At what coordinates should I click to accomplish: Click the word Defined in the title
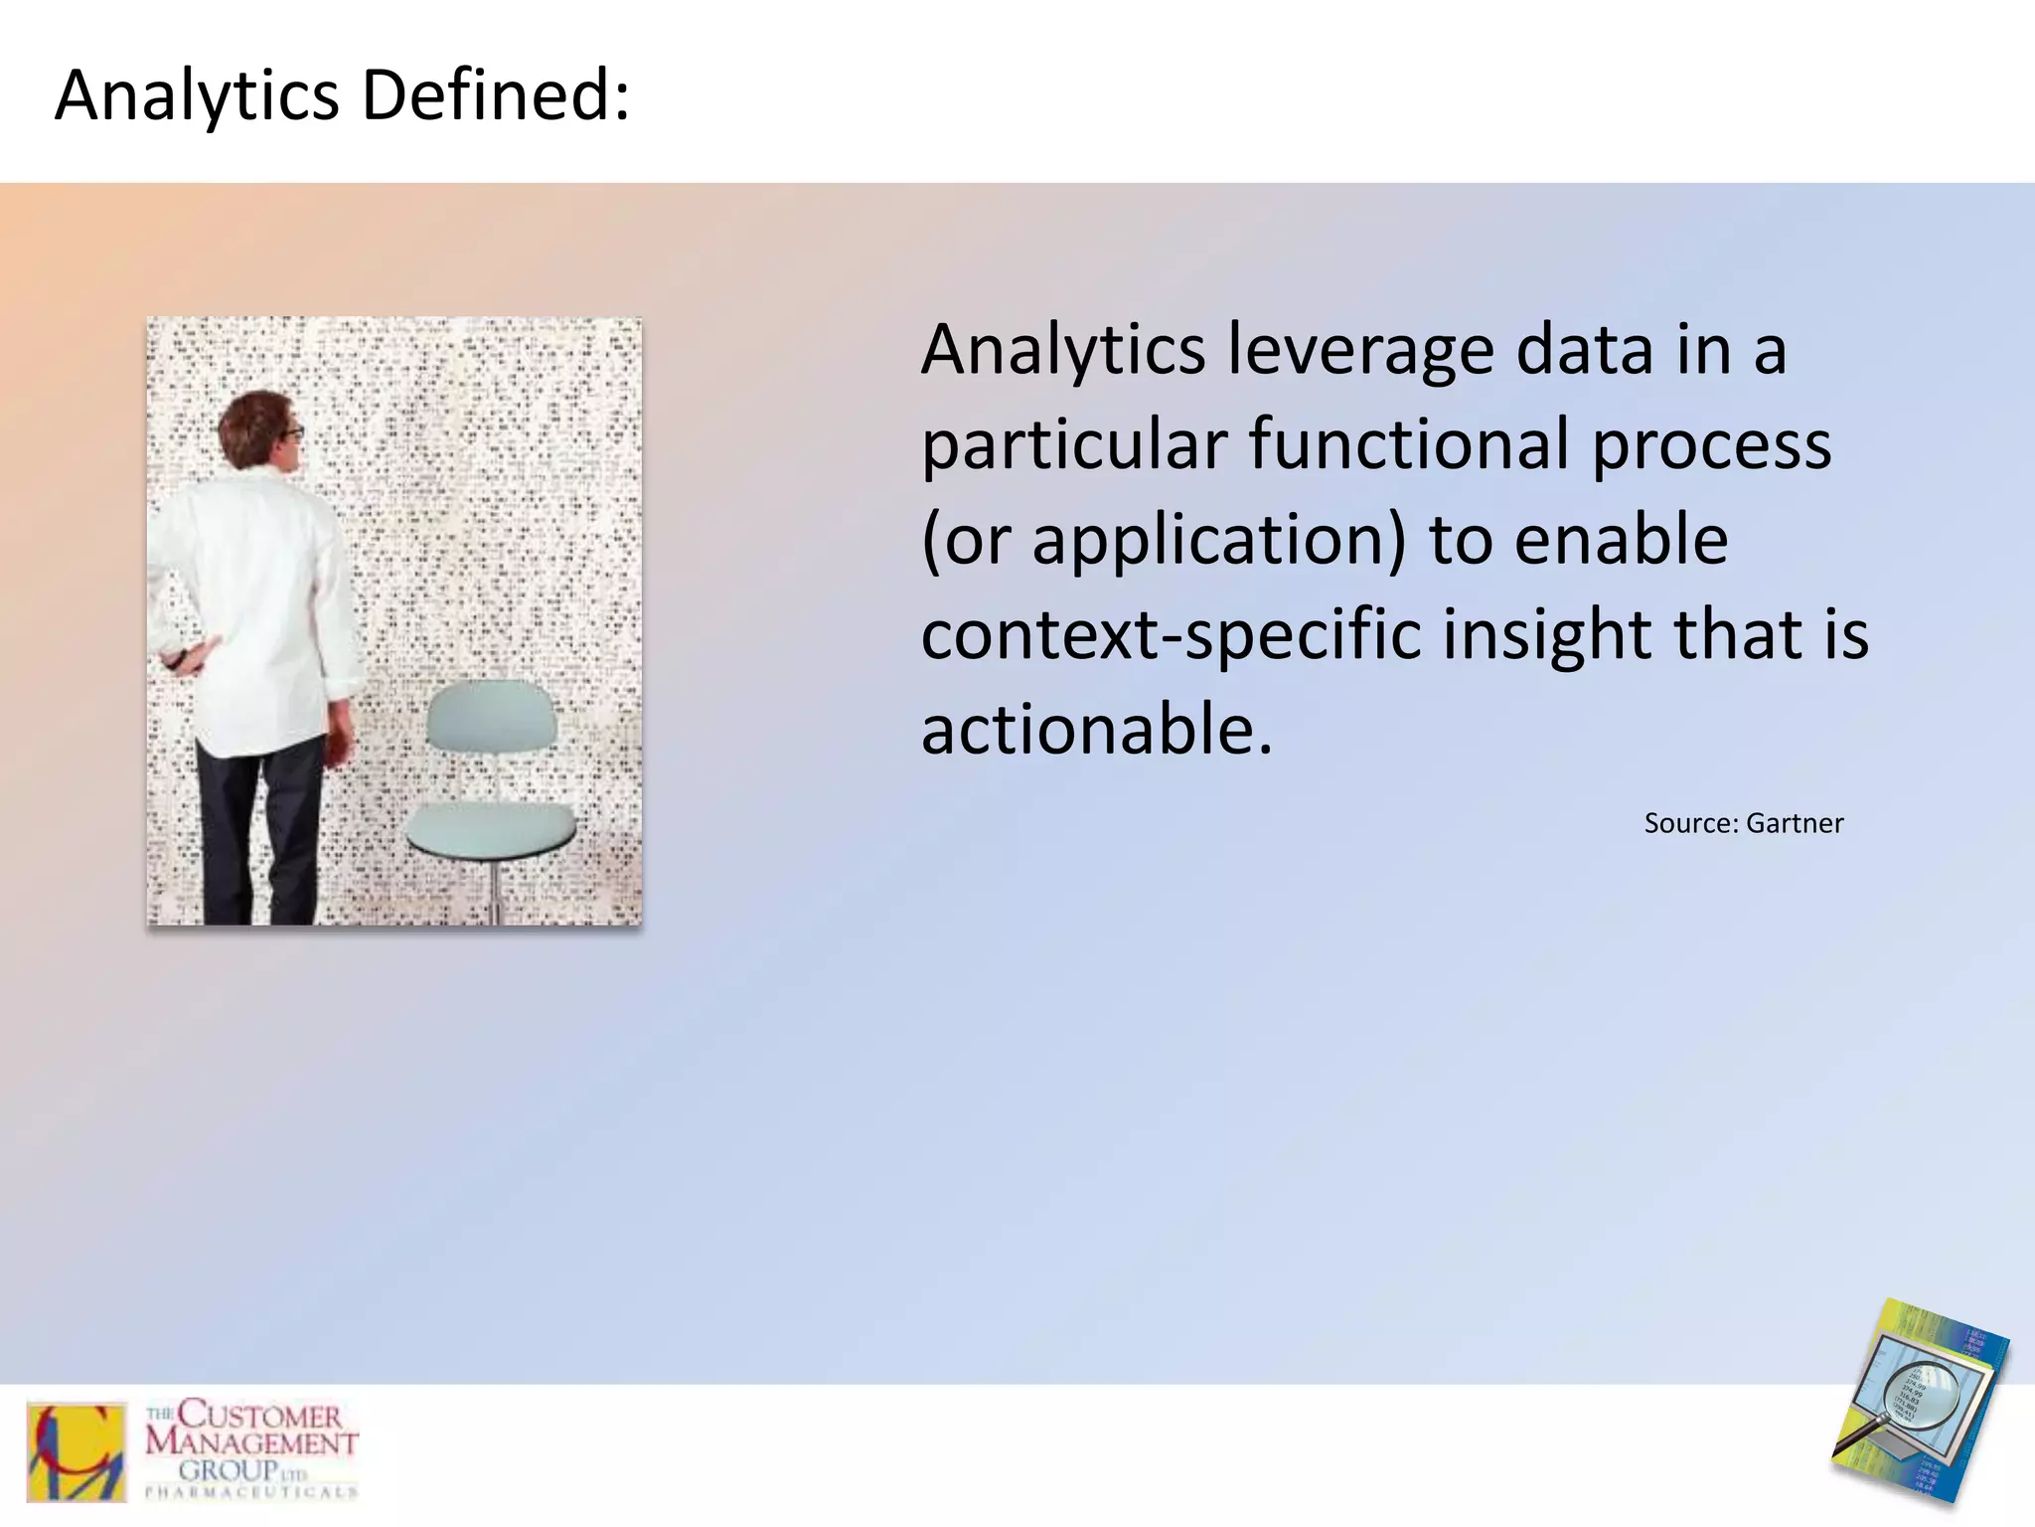pyautogui.click(x=494, y=96)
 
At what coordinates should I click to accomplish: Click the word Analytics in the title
pyautogui.click(x=197, y=96)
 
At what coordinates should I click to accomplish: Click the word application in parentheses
pyautogui.click(x=1218, y=541)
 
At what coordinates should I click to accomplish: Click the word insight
pyautogui.click(x=1546, y=634)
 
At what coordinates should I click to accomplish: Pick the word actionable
pyautogui.click(x=1096, y=729)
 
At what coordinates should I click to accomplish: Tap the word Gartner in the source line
pyautogui.click(x=1794, y=823)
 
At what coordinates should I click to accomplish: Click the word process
pyautogui.click(x=1711, y=444)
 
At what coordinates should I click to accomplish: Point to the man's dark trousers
pyautogui.click(x=260, y=825)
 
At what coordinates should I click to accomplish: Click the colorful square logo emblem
pyautogui.click(x=77, y=1452)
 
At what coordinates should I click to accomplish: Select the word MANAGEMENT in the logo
pyautogui.click(x=251, y=1442)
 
